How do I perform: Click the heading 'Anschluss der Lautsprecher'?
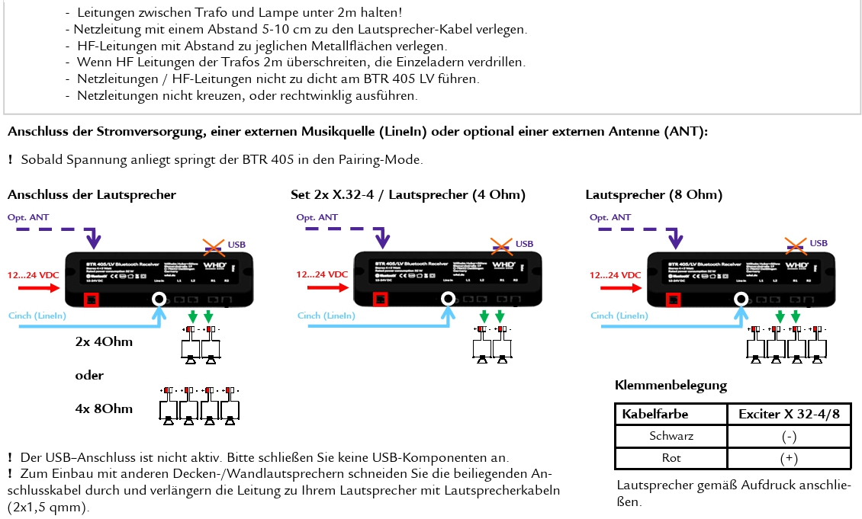(x=92, y=195)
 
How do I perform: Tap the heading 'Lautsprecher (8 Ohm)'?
(x=654, y=195)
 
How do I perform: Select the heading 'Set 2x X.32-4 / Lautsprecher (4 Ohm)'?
(x=408, y=195)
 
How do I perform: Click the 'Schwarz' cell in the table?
(x=671, y=436)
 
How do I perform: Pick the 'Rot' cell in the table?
(x=671, y=458)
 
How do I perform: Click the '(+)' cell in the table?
(x=789, y=458)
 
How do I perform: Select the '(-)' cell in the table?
(x=789, y=436)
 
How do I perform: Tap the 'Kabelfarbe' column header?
(x=655, y=414)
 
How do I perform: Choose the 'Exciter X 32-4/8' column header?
(x=789, y=414)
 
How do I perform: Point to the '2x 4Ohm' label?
(x=104, y=341)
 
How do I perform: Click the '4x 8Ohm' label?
(x=104, y=408)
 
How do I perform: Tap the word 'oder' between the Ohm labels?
(x=89, y=375)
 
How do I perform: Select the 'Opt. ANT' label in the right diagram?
(x=611, y=217)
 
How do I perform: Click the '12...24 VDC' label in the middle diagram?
(x=322, y=274)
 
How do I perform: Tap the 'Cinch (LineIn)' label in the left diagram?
(x=37, y=316)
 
